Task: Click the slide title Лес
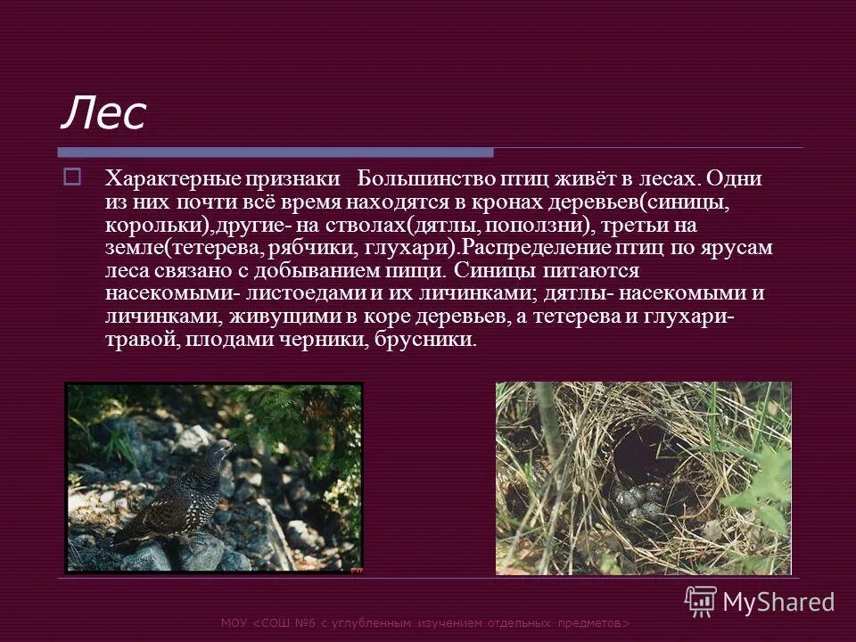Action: click(x=103, y=113)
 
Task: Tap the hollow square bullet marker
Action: click(x=73, y=177)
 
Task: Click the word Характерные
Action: click(x=164, y=178)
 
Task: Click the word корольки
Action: click(x=156, y=225)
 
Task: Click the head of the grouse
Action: click(x=219, y=448)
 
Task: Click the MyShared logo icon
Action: click(x=700, y=600)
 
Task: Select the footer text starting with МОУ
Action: click(x=425, y=623)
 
